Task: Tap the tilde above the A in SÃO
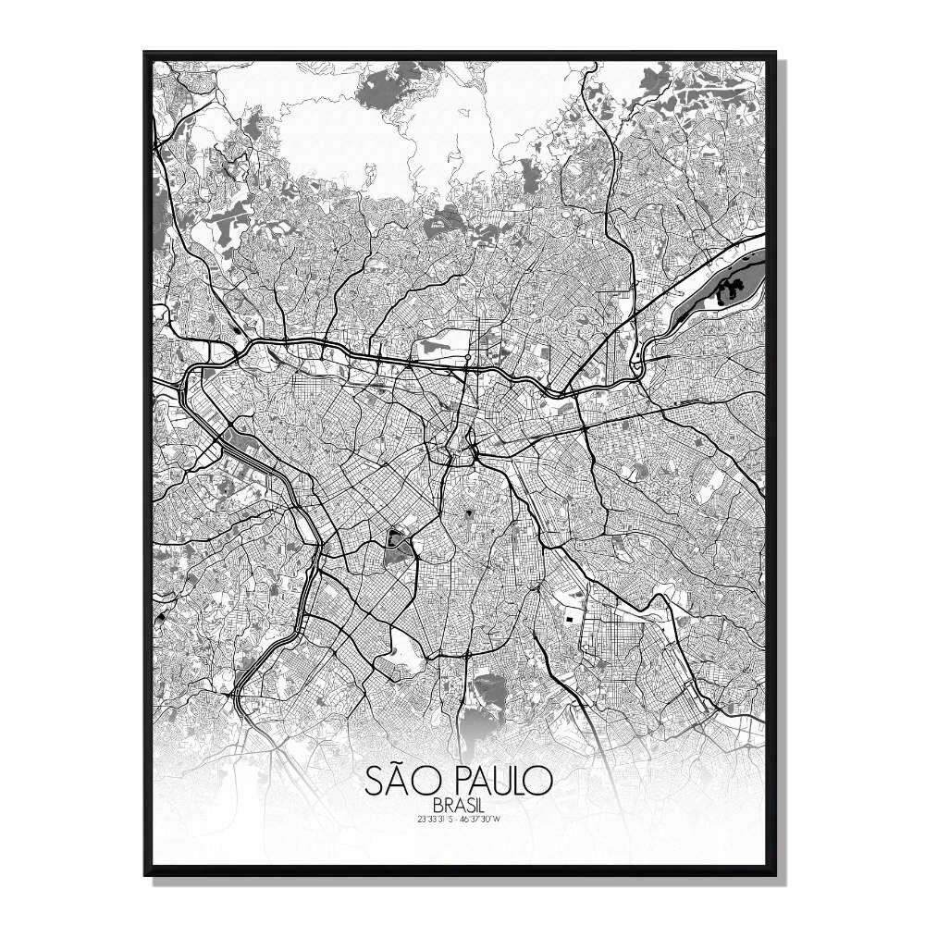coord(399,766)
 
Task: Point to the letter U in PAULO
coord(492,782)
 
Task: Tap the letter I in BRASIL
coord(461,806)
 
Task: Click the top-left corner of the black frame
coord(146,54)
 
